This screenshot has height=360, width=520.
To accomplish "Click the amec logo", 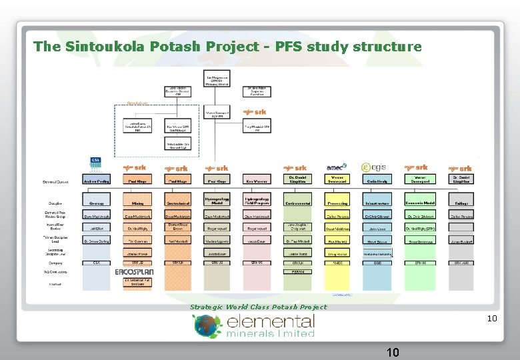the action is [x=337, y=167].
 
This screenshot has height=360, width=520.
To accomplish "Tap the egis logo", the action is [x=375, y=167].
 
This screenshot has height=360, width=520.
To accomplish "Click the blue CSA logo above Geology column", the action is [x=95, y=163].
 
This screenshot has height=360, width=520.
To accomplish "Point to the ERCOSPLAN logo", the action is [x=136, y=272].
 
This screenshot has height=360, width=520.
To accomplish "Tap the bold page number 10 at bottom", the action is [x=392, y=351].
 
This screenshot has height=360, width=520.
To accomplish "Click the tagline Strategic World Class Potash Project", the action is [x=259, y=307].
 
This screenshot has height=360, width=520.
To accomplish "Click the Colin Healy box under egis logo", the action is [x=378, y=180].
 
